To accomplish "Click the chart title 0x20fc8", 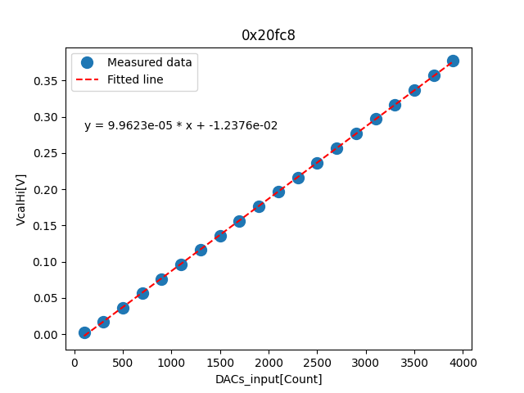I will point(263,35).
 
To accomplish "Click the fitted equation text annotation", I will point(181,126).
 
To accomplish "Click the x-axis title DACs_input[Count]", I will point(269,379).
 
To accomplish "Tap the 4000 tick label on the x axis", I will point(463,360).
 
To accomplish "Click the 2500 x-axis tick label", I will point(318,360).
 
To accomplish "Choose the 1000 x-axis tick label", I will point(171,360).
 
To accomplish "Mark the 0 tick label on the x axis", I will point(75,360).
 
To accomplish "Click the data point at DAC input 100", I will point(84,332).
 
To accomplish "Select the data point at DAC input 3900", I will point(453,61).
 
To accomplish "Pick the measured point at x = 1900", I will point(259,206).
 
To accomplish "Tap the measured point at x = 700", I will point(142,293).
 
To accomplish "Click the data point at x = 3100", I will point(376,119).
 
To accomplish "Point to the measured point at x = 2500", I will point(317,163).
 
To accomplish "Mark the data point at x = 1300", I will point(201,250).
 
